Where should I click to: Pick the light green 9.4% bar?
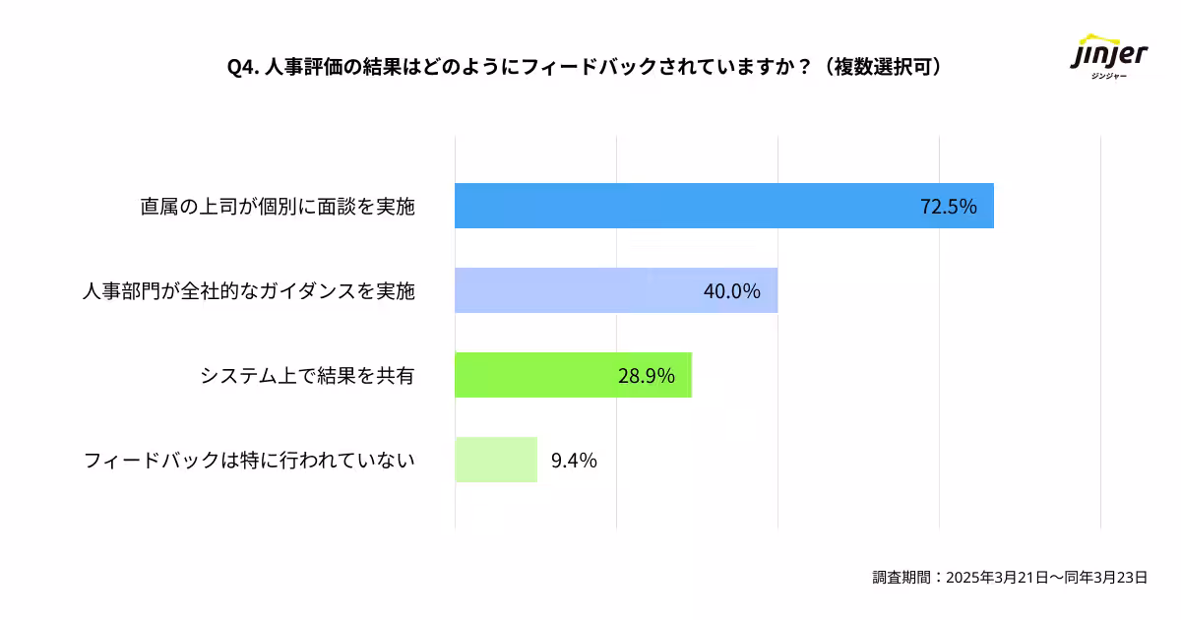click(496, 460)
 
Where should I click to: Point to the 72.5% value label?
click(948, 207)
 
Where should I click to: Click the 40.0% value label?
click(732, 291)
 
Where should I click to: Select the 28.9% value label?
click(646, 376)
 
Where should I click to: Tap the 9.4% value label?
click(574, 460)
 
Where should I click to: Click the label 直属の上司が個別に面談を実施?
click(278, 208)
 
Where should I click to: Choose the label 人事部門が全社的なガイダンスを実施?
click(249, 292)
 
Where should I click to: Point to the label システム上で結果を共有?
click(307, 376)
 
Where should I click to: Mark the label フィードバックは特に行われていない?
click(249, 461)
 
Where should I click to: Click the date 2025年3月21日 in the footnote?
click(993, 578)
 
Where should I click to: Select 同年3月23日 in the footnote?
click(1105, 578)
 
